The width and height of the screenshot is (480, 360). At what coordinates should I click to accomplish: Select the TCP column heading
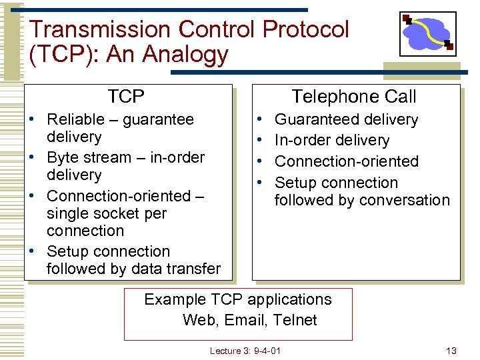[126, 97]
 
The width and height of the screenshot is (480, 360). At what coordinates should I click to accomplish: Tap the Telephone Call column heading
[354, 97]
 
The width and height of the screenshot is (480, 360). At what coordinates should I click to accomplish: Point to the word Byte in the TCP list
[63, 158]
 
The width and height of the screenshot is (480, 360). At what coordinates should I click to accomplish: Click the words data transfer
[178, 269]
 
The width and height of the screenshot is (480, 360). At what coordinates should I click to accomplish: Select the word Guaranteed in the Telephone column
[315, 120]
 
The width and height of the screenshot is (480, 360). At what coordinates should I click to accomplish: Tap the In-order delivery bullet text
[331, 141]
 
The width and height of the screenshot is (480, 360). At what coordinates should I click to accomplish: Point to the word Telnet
[295, 320]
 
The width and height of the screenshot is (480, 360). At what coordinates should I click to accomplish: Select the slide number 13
[451, 351]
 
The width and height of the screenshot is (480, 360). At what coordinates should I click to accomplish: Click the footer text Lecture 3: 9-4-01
[245, 351]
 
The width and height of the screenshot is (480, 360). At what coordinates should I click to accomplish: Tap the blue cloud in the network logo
[427, 33]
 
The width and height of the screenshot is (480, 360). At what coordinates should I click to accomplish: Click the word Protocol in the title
[306, 29]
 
